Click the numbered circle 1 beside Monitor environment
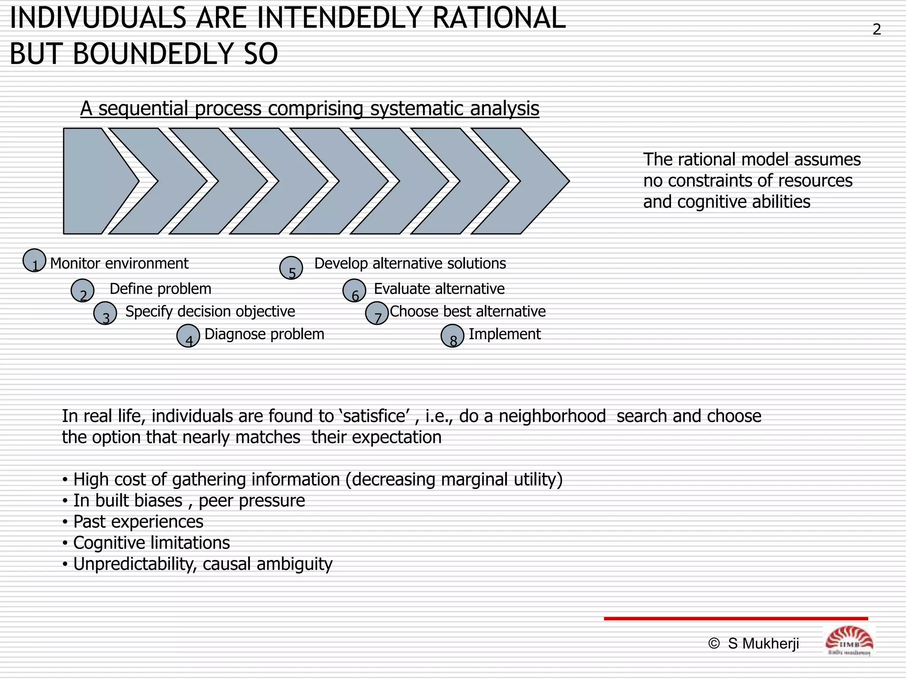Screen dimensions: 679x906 tap(35, 260)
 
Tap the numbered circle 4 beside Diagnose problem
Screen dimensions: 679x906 tap(188, 336)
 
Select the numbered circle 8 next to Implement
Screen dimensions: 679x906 tap(453, 336)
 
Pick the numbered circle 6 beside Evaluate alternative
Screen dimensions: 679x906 tap(354, 290)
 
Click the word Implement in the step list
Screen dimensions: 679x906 tap(504, 334)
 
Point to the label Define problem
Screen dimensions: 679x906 tap(160, 289)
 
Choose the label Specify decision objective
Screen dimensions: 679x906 tap(210, 312)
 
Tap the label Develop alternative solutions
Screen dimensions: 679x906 tap(410, 263)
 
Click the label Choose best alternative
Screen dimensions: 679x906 tap(468, 312)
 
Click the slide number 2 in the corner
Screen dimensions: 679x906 tap(876, 30)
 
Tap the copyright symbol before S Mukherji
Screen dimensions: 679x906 tap(714, 644)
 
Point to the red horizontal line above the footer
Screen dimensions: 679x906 tap(736, 618)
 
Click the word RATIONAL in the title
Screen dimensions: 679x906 tap(499, 19)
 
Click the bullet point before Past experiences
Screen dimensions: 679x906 tap(65, 523)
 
